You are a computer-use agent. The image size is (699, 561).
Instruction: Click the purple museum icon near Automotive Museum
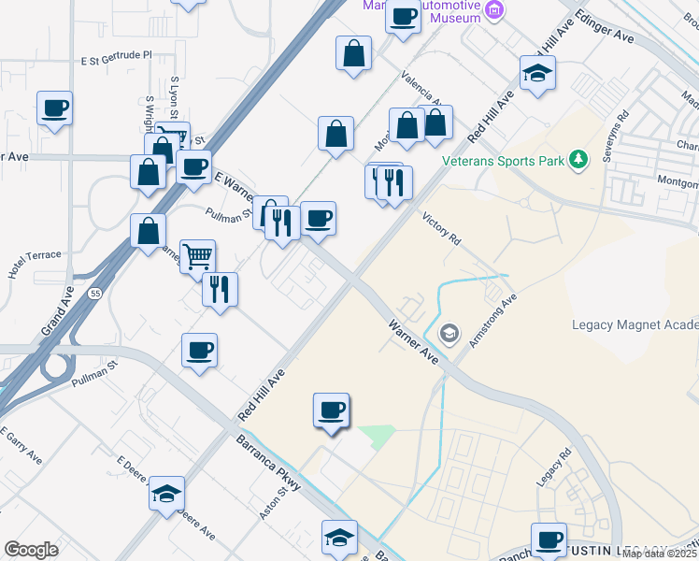click(495, 11)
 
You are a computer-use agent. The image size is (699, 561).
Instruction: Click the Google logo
click(31, 550)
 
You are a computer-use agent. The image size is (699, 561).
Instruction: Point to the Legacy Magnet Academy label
click(635, 324)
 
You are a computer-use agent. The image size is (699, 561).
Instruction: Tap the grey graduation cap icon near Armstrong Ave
click(449, 332)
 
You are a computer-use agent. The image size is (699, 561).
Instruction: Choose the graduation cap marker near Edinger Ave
click(538, 75)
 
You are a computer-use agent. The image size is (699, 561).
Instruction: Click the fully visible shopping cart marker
click(197, 254)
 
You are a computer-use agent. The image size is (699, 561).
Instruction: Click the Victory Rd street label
click(441, 227)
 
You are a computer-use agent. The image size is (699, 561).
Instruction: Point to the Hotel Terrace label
click(34, 261)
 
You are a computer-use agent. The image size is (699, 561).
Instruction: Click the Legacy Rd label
click(553, 467)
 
